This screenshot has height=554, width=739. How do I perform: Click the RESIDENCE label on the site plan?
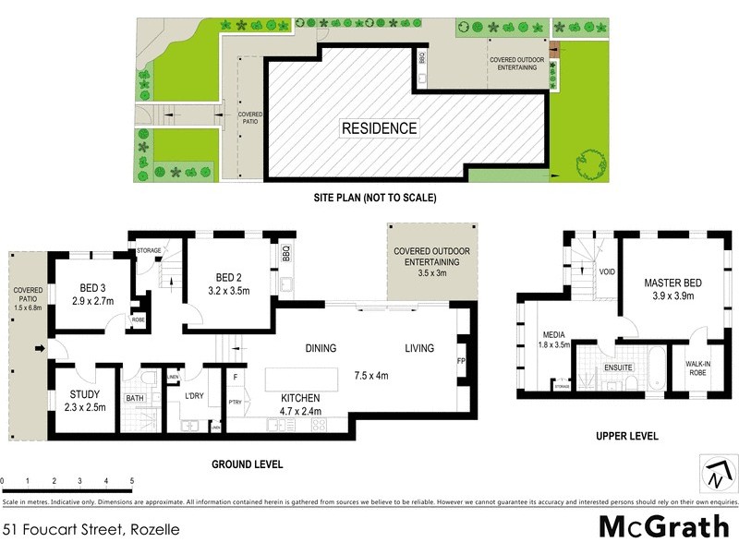[380, 128]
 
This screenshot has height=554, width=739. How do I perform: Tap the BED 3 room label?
[91, 286]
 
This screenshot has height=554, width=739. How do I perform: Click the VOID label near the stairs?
[607, 272]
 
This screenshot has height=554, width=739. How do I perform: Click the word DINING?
[321, 348]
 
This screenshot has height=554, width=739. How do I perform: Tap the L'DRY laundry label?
[194, 396]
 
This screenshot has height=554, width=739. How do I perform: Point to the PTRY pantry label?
[236, 403]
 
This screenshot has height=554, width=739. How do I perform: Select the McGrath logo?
[663, 526]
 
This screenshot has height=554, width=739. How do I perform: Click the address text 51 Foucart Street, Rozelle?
[90, 529]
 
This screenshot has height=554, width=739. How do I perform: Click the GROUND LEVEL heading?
[248, 464]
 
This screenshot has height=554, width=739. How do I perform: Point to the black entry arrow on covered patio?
[40, 348]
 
